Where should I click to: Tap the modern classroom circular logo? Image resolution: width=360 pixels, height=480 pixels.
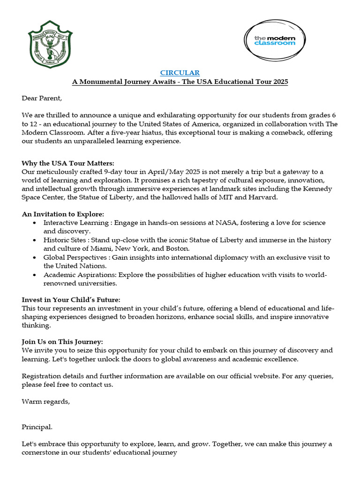pos(274,40)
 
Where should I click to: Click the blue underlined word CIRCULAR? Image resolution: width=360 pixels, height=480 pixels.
pos(180,73)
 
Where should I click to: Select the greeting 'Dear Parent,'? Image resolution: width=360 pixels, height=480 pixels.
pos(42,98)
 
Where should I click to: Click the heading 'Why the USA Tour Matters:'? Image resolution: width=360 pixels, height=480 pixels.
pos(68,163)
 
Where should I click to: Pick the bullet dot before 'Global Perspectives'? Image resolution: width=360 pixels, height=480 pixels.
pos(35,257)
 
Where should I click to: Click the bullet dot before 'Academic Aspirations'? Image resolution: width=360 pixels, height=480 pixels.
pos(35,275)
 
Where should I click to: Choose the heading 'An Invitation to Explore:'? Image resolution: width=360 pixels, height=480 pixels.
pos(63,214)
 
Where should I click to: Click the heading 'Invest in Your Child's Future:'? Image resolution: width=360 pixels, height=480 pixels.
pos(71,300)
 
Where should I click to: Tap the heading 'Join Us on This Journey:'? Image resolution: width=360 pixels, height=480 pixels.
pos(62,342)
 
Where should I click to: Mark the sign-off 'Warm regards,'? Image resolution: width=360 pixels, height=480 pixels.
pos(45,401)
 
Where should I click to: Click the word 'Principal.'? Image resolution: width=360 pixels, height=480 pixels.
pos(37,427)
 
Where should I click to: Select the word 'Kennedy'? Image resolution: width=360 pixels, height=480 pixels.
pos(319,189)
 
